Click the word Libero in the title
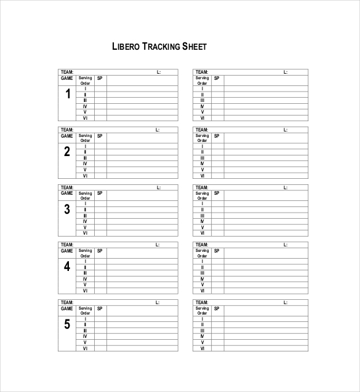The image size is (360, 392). pyautogui.click(x=126, y=46)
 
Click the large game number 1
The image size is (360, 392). pyautogui.click(x=67, y=95)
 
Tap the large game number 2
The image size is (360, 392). pyautogui.click(x=67, y=152)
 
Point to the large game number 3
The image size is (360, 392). pyautogui.click(x=67, y=210)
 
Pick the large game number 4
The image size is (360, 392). pyautogui.click(x=67, y=267)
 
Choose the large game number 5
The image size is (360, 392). pyautogui.click(x=67, y=325)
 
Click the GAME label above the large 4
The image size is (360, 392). pyautogui.click(x=66, y=251)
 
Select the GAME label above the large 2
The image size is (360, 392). pyautogui.click(x=66, y=136)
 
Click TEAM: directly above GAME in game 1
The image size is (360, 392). pyautogui.click(x=66, y=72)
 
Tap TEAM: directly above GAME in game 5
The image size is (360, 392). pyautogui.click(x=66, y=302)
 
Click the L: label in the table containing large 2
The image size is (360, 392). pyautogui.click(x=158, y=130)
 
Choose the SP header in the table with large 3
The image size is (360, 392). pyautogui.click(x=99, y=194)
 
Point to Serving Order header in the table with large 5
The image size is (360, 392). pyautogui.click(x=85, y=311)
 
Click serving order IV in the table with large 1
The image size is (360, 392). pyautogui.click(x=85, y=106)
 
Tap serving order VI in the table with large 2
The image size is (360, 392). pyautogui.click(x=85, y=176)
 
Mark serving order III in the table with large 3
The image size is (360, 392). pyautogui.click(x=85, y=216)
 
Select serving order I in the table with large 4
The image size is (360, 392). pyautogui.click(x=85, y=262)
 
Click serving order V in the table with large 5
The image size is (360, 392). pyautogui.click(x=85, y=342)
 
